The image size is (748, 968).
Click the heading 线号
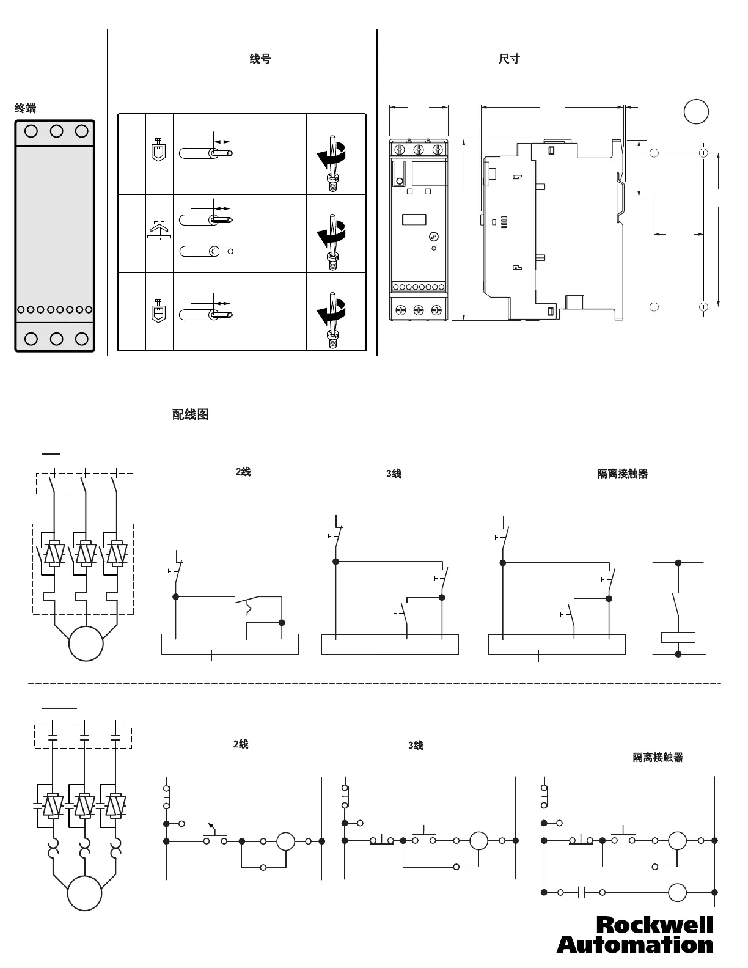point(260,59)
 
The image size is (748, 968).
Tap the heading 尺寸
point(509,59)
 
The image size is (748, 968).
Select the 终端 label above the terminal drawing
point(25,108)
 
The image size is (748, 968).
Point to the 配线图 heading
point(190,414)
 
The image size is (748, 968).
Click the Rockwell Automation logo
point(635,934)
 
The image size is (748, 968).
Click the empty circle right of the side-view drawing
point(695,112)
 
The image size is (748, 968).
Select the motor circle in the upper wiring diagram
point(86,643)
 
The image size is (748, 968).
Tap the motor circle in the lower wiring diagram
point(85,893)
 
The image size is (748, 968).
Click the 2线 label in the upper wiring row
point(243,472)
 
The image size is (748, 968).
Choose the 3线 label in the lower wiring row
point(416,745)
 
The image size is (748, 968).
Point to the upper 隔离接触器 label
point(622,474)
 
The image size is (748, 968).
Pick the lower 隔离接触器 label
point(658,757)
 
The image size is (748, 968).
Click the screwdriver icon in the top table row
point(332,159)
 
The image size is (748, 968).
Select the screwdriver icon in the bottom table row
point(332,317)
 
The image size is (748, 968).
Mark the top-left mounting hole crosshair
point(654,153)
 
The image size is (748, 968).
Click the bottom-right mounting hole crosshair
point(703,306)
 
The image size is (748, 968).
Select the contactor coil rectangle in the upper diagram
point(678,637)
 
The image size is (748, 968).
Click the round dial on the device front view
point(434,236)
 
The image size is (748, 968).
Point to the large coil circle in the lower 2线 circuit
point(285,842)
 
